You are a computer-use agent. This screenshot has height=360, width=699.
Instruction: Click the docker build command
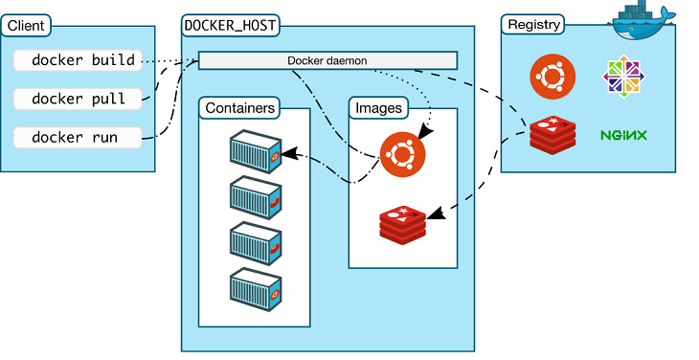point(83,60)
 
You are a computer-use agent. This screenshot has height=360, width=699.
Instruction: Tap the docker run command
point(76,138)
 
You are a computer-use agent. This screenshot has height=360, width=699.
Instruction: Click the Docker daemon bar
point(327,60)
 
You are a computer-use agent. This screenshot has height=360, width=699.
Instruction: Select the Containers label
point(239,108)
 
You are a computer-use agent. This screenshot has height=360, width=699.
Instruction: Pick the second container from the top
point(256,197)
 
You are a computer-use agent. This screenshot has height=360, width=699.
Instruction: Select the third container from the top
point(256,242)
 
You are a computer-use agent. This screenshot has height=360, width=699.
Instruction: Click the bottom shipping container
point(256,287)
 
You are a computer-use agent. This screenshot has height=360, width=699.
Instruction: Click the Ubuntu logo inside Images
point(402,153)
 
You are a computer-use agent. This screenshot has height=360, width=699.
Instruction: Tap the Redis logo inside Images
point(402,222)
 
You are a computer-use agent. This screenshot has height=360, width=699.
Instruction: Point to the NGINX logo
point(623,135)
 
